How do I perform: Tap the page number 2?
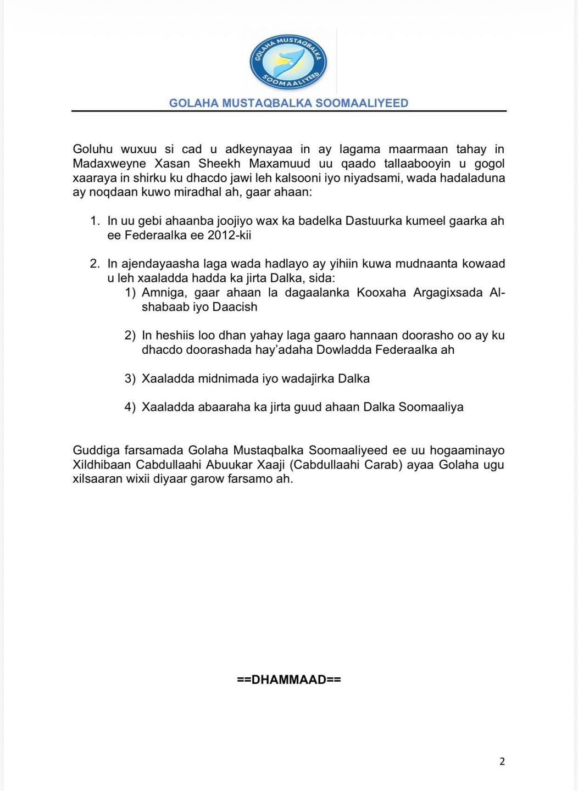point(502,761)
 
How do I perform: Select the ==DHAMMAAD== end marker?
point(289,679)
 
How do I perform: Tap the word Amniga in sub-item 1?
point(164,292)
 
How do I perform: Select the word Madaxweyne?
point(104,164)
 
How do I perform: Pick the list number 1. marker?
point(95,221)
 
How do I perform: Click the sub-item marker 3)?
point(130,378)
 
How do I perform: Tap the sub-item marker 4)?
point(130,407)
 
